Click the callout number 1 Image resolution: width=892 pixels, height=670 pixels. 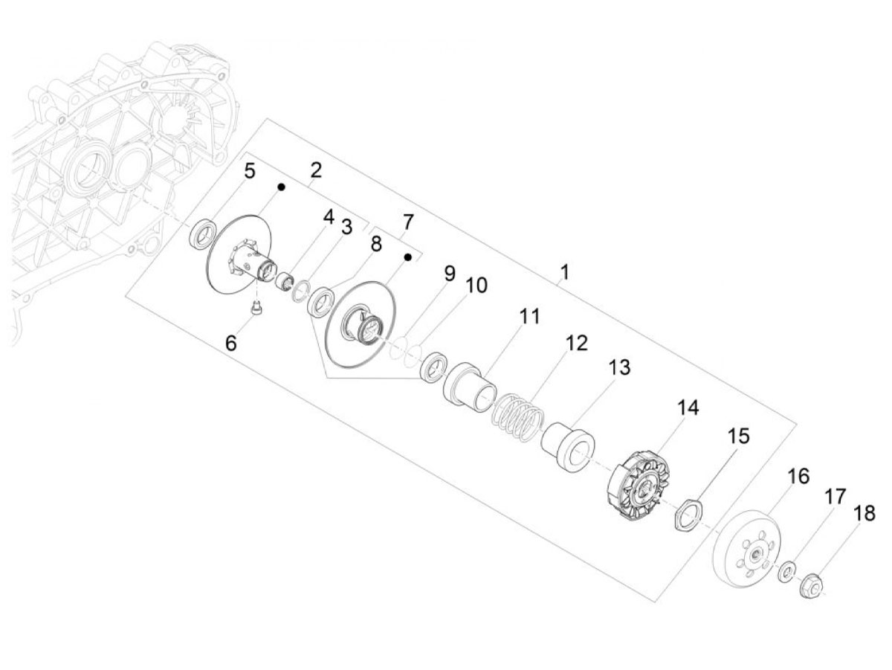[564, 272]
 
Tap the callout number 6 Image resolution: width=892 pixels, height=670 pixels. [231, 344]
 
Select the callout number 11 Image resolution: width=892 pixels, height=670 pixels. [529, 316]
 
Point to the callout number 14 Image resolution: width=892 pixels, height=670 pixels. [688, 408]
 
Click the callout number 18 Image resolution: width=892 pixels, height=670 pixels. [864, 514]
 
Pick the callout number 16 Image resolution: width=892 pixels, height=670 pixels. [798, 476]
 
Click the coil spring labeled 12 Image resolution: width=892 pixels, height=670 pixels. [517, 417]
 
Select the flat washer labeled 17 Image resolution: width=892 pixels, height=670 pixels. [786, 570]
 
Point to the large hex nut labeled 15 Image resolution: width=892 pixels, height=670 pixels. [688, 515]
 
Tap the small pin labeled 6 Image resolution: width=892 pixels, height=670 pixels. [256, 310]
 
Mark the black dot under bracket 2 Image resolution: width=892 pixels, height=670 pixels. [281, 187]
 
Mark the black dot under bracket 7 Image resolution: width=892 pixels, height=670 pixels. [408, 257]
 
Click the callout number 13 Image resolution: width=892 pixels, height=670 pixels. [619, 367]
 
